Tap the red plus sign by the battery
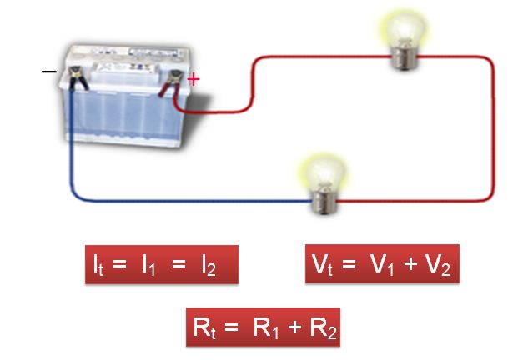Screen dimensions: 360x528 pyautogui.click(x=194, y=79)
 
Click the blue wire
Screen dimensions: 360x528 pyautogui.click(x=167, y=200)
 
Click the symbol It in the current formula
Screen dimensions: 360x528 pyautogui.click(x=100, y=266)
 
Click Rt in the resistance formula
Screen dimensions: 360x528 pyautogui.click(x=206, y=327)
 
